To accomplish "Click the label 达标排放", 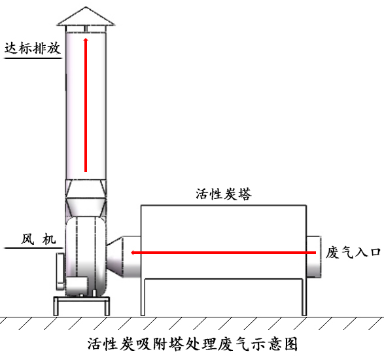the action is [33, 48].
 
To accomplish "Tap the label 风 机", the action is [38, 239].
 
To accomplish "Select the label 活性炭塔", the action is [224, 194].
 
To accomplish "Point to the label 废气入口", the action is [353, 253].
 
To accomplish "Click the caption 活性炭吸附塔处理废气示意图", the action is [192, 344].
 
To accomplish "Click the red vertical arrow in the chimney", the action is [86, 105].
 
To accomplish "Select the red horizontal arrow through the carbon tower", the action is [223, 253].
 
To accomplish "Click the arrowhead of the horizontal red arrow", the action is [132, 253].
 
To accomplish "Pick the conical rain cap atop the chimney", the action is [86, 16].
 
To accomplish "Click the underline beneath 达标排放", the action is [33, 58].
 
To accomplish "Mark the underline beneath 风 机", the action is [33, 248].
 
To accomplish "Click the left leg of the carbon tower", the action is [143, 297].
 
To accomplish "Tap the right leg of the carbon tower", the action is [304, 297].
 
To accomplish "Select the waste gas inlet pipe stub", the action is [314, 257].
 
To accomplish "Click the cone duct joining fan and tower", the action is [114, 257].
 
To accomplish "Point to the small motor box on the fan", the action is [77, 286].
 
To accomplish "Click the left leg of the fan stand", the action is [56, 306].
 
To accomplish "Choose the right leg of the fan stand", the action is [107, 306].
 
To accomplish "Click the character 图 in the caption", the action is [290, 344].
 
